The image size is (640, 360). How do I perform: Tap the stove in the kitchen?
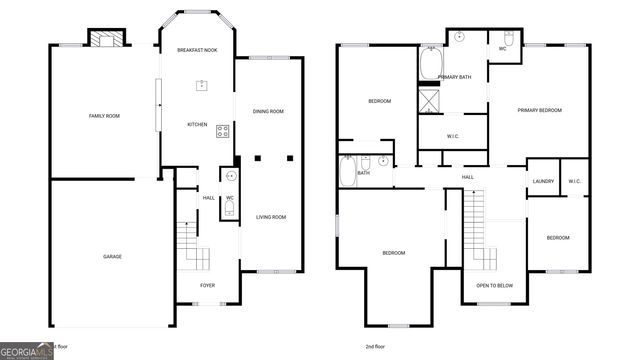coord(222,130)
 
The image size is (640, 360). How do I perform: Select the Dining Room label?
coord(268,111)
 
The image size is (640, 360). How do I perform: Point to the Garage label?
coord(112,257)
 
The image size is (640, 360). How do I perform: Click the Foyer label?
coord(207,285)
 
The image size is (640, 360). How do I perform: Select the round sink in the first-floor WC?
coord(230,176)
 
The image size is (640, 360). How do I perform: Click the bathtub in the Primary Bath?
coord(431,64)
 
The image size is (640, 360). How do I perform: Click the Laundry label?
coord(543,181)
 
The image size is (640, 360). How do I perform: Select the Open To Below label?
coord(494,285)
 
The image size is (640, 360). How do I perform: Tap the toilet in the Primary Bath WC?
coord(508,39)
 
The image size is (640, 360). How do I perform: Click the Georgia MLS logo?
coord(27,351)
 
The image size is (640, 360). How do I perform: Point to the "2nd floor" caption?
coord(375,346)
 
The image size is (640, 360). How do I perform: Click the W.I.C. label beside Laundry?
coord(574,181)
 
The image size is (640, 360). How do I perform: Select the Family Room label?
coord(105,116)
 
